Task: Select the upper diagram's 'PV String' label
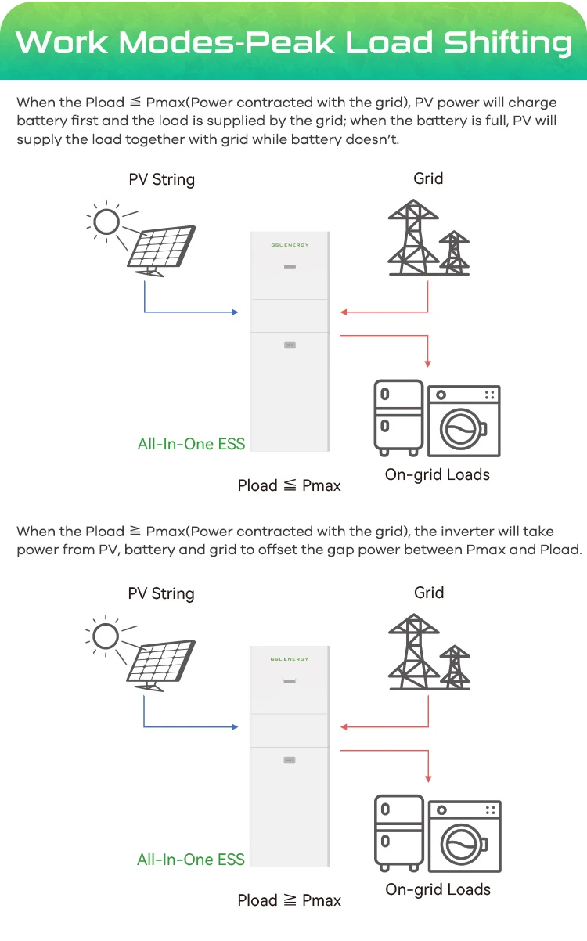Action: click(161, 179)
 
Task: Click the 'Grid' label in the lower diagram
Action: click(429, 593)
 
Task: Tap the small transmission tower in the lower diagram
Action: click(454, 666)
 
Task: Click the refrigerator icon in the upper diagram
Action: click(398, 417)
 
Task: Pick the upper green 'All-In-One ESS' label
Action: click(191, 444)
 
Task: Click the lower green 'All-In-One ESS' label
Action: click(191, 859)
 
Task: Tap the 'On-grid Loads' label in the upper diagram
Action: click(437, 474)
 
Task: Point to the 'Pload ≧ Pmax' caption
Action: click(289, 900)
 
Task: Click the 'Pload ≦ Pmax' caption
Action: click(289, 485)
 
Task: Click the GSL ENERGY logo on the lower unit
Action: click(289, 659)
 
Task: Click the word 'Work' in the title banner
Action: click(63, 42)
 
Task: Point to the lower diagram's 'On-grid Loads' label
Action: click(438, 889)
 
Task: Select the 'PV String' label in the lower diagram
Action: click(161, 593)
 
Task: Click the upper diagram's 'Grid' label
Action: click(428, 178)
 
